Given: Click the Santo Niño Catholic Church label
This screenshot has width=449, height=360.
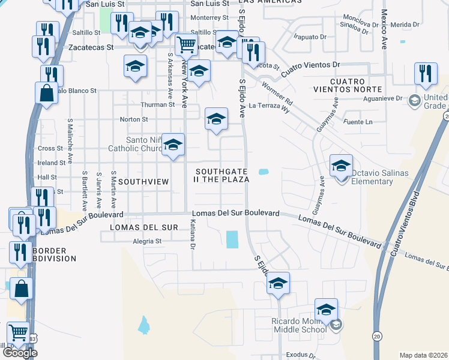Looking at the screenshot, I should click(136, 144).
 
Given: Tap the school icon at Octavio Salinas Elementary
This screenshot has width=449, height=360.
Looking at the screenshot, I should click(341, 164).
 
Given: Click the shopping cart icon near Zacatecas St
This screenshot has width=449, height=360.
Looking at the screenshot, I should click(187, 44).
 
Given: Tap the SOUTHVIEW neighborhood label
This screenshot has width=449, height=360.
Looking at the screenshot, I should click(142, 181).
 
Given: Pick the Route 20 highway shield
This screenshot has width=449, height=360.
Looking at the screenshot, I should click(376, 335).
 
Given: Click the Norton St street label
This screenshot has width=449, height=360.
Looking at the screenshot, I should click(134, 119).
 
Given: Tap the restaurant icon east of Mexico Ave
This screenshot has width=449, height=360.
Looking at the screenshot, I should click(426, 73).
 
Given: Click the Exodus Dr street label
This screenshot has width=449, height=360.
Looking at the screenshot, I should click(300, 355).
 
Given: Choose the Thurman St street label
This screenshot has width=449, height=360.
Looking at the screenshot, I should click(157, 104).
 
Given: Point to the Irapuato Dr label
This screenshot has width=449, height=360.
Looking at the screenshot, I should click(310, 36).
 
